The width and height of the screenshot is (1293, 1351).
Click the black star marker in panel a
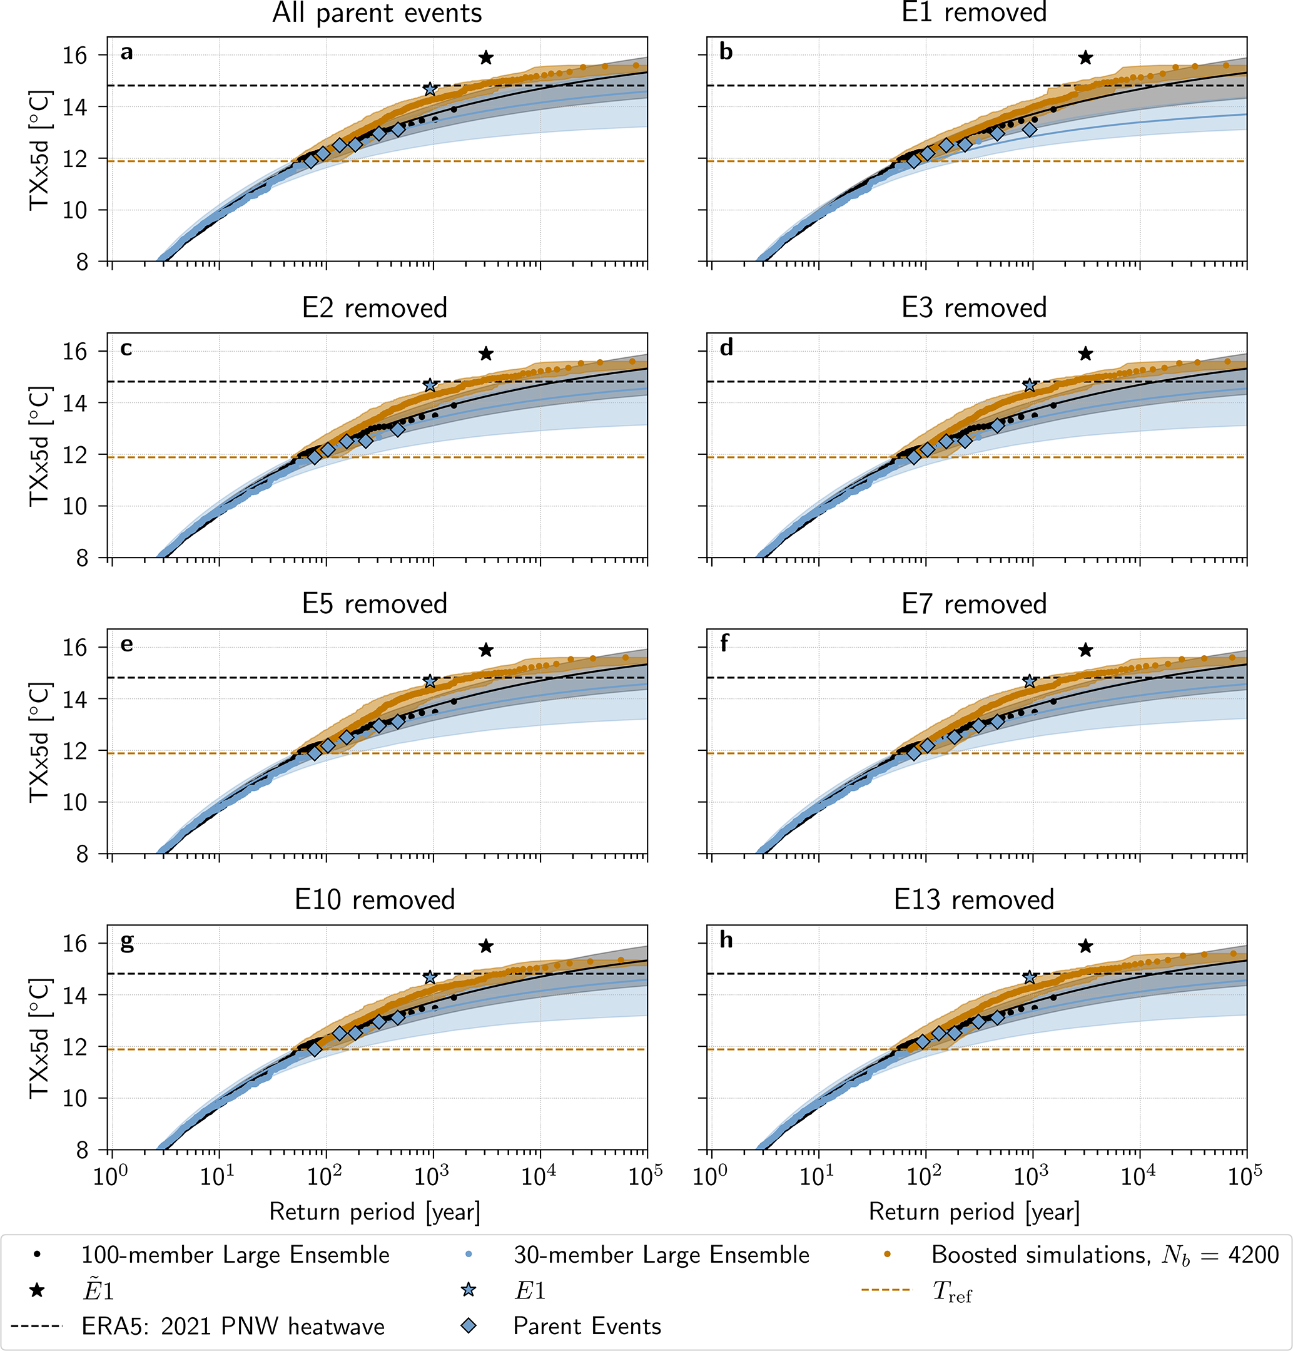pyautogui.click(x=486, y=58)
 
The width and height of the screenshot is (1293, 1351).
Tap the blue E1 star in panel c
pyautogui.click(x=430, y=385)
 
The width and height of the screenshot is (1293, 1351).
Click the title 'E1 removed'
pyautogui.click(x=973, y=13)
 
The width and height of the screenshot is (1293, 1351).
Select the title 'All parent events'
pyautogui.click(x=377, y=13)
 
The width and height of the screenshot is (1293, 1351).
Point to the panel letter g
pyautogui.click(x=127, y=941)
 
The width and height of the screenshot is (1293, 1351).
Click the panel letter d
pyautogui.click(x=726, y=348)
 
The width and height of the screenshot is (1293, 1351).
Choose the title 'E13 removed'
pyautogui.click(x=973, y=899)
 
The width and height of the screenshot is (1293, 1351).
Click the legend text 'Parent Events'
pyautogui.click(x=587, y=1325)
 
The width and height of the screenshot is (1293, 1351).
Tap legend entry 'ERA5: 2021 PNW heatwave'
pyautogui.click(x=233, y=1325)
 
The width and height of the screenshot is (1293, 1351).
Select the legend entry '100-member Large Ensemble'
pyautogui.click(x=235, y=1255)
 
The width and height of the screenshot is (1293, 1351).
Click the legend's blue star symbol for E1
pyautogui.click(x=469, y=1290)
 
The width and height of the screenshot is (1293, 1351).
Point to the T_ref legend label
pyautogui.click(x=952, y=1290)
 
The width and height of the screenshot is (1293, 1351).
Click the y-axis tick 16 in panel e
pyautogui.click(x=76, y=647)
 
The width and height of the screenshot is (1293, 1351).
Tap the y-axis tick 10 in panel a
pyautogui.click(x=76, y=210)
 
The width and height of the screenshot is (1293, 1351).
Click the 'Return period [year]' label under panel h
pyautogui.click(x=973, y=1211)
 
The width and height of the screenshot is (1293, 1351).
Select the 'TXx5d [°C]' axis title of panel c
pyautogui.click(x=39, y=446)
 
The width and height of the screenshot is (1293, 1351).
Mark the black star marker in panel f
pyautogui.click(x=1085, y=650)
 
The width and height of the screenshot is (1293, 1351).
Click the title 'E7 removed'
pyautogui.click(x=973, y=604)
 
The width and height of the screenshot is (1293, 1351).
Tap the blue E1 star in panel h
pyautogui.click(x=1030, y=977)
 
